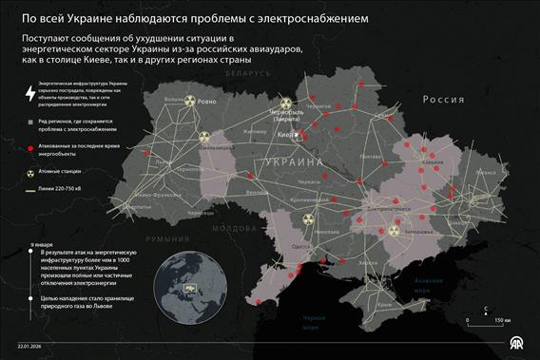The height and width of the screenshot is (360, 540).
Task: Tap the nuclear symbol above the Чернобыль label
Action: [x=286, y=102]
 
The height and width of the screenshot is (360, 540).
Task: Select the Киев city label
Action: [x=284, y=135]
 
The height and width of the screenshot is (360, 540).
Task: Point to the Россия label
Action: [x=443, y=99]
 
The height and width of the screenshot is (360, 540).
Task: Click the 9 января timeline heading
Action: [x=42, y=244]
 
